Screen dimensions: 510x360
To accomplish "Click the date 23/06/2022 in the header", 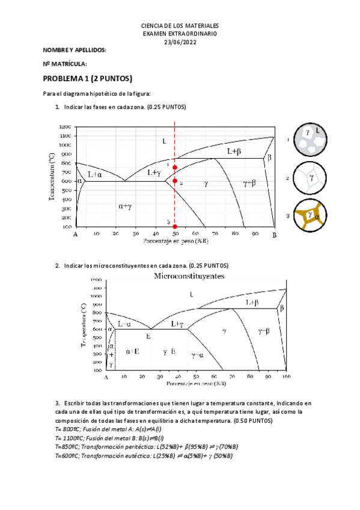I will tap(180, 41).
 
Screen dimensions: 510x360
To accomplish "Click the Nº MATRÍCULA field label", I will tap(65, 64).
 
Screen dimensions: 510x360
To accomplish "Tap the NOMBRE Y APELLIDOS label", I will tap(75, 51).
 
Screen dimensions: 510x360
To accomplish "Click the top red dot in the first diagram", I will tap(175, 168).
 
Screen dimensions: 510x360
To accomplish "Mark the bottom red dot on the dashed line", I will tap(175, 226).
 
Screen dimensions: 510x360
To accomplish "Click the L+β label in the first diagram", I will tap(234, 152).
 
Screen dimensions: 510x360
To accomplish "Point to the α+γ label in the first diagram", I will tap(125, 206).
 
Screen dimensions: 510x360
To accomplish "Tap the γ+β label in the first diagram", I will tap(249, 182).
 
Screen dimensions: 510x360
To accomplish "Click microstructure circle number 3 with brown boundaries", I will tap(311, 214).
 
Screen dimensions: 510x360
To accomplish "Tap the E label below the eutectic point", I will tap(148, 337).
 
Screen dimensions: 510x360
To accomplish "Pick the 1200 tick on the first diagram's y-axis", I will tap(65, 127).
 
